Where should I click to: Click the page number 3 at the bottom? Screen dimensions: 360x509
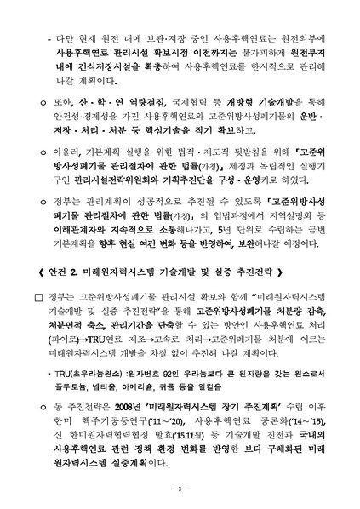(x=180, y=488)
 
